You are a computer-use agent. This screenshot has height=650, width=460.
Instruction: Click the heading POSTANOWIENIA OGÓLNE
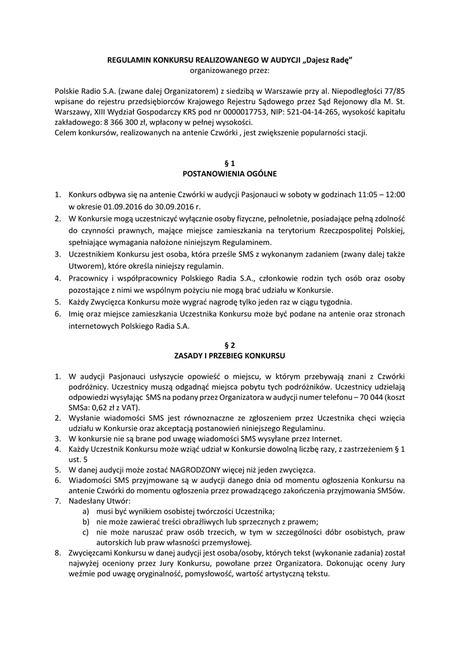pos(230,173)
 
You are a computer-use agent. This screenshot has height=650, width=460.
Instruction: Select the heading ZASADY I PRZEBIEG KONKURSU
pos(230,355)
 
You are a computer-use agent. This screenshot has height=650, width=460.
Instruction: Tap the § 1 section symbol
pos(230,162)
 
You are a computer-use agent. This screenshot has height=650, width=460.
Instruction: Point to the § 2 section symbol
pos(230,345)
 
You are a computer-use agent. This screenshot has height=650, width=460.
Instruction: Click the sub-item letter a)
pos(86,511)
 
